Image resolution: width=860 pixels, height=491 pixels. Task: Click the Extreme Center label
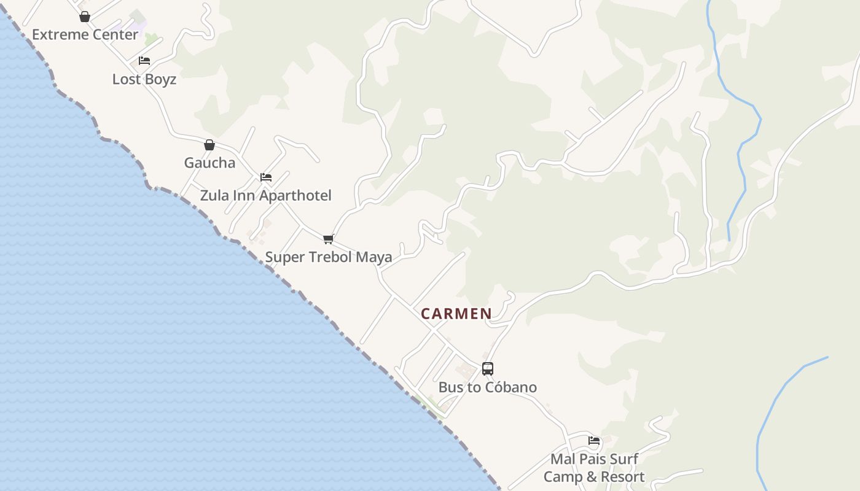85,34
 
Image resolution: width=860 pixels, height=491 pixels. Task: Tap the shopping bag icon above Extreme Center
85,17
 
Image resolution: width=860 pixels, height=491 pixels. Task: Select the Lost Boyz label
144,79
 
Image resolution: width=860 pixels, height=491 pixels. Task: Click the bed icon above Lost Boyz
144,61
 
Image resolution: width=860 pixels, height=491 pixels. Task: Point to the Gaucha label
209,163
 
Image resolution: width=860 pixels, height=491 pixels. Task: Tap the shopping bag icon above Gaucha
209,145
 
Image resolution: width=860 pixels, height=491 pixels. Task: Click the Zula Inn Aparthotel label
265,196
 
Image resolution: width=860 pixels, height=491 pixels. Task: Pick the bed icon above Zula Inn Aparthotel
266,177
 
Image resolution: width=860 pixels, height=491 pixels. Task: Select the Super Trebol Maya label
329,257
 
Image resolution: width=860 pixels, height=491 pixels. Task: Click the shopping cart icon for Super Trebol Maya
329,239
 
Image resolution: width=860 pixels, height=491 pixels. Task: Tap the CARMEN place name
456,314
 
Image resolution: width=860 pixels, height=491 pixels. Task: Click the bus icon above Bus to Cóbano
488,369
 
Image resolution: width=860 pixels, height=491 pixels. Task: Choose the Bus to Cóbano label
488,387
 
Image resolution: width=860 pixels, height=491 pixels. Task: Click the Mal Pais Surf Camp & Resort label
594,468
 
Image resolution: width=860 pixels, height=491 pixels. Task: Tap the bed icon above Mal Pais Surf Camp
594,441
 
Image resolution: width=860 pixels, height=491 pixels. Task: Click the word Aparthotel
297,196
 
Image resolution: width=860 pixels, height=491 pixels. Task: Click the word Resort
622,477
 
